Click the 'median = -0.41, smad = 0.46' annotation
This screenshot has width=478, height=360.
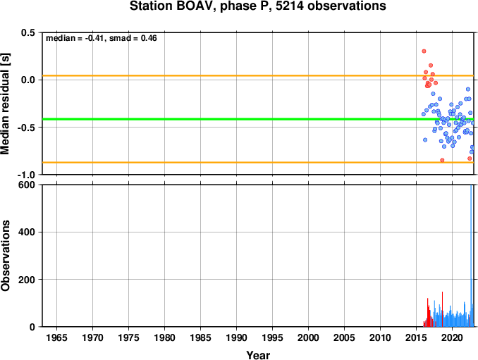pos(102,38)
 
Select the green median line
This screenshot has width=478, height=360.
pos(258,119)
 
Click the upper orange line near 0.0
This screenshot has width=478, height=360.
pos(258,75)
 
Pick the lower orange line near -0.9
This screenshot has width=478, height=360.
pos(258,162)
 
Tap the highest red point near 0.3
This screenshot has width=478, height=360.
pos(424,51)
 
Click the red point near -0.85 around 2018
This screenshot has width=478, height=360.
pos(442,160)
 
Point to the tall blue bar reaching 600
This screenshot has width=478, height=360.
pos(471,256)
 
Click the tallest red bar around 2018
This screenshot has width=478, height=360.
pos(442,309)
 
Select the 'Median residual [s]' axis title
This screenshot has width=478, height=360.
pos(5,104)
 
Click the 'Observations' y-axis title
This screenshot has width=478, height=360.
pos(5,256)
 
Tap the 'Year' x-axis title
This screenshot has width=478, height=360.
pos(258,355)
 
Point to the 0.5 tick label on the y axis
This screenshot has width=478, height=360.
pos(28,32)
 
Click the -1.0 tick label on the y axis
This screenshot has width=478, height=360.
pos(26,175)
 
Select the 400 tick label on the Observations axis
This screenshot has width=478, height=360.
pos(27,232)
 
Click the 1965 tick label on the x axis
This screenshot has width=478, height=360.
pos(56,337)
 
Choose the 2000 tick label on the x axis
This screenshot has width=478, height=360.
pos(308,337)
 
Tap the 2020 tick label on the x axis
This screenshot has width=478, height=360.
pos(452,337)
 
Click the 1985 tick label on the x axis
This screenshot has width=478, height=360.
pos(200,337)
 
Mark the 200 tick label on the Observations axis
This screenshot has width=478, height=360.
pos(27,280)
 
